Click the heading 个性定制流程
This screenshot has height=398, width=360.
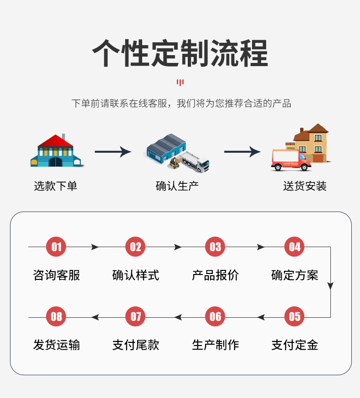point(180,54)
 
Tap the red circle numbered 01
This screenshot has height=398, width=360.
point(56,247)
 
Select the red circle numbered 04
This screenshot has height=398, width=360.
point(295,247)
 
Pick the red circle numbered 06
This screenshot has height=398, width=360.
point(215,317)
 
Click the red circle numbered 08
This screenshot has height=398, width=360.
point(56,317)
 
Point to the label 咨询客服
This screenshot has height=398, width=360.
point(57,275)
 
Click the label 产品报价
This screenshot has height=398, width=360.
point(215,275)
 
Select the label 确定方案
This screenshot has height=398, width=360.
point(295,275)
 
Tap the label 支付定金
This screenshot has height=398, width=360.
point(295,345)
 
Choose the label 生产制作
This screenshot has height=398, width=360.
point(215,345)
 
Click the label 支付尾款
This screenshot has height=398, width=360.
point(136,345)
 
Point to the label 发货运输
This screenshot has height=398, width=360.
point(57,345)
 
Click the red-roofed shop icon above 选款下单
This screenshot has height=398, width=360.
point(56,151)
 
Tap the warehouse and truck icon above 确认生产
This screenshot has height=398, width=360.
point(178,153)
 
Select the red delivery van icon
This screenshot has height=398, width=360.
point(290,160)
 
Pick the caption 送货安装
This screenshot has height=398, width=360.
point(305,186)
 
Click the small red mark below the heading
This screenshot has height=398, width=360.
point(180,83)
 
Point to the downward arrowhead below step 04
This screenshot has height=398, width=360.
point(330,286)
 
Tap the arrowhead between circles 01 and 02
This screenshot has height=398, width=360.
point(95,247)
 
